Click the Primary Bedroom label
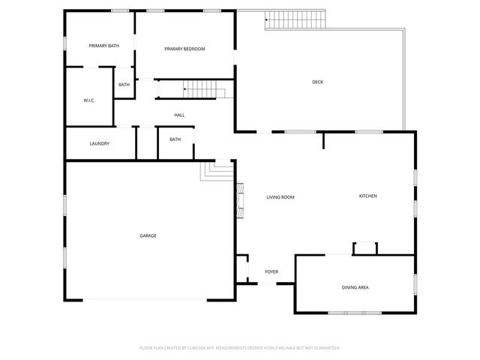[184, 49]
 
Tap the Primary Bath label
[103, 46]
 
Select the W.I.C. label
[88, 100]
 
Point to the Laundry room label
[100, 143]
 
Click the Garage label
[148, 235]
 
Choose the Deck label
[317, 82]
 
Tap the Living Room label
[280, 197]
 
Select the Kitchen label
[367, 196]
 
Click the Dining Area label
[355, 287]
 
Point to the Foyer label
[271, 271]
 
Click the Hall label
[179, 115]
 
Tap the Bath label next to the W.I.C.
[124, 85]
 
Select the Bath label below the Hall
[175, 139]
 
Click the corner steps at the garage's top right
[217, 171]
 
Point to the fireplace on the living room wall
[240, 200]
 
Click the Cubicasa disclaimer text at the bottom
[240, 348]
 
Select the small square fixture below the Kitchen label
[365, 248]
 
